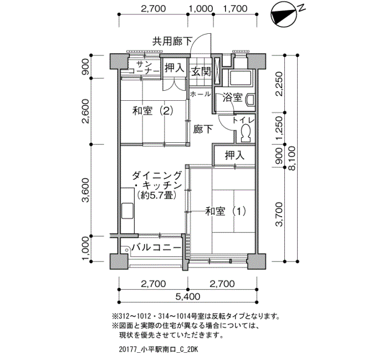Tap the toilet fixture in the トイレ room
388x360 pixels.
point(245,133)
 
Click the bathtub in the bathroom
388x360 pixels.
point(241,78)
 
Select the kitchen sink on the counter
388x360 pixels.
point(127,210)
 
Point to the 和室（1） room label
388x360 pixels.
point(226,212)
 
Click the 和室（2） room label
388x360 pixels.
point(152,111)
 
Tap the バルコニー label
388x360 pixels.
point(156,247)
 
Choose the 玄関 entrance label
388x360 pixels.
point(201,72)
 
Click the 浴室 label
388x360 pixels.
point(232,97)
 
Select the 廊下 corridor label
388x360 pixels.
point(203,129)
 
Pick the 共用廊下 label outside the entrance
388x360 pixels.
point(172,42)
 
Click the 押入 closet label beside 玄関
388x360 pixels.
point(175,68)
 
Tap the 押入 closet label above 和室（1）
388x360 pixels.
point(234,155)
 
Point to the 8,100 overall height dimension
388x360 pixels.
point(292,158)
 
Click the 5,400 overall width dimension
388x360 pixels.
point(188,296)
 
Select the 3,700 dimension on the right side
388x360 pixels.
point(279,214)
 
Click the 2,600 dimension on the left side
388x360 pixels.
point(86,111)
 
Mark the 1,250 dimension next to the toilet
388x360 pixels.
point(279,128)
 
